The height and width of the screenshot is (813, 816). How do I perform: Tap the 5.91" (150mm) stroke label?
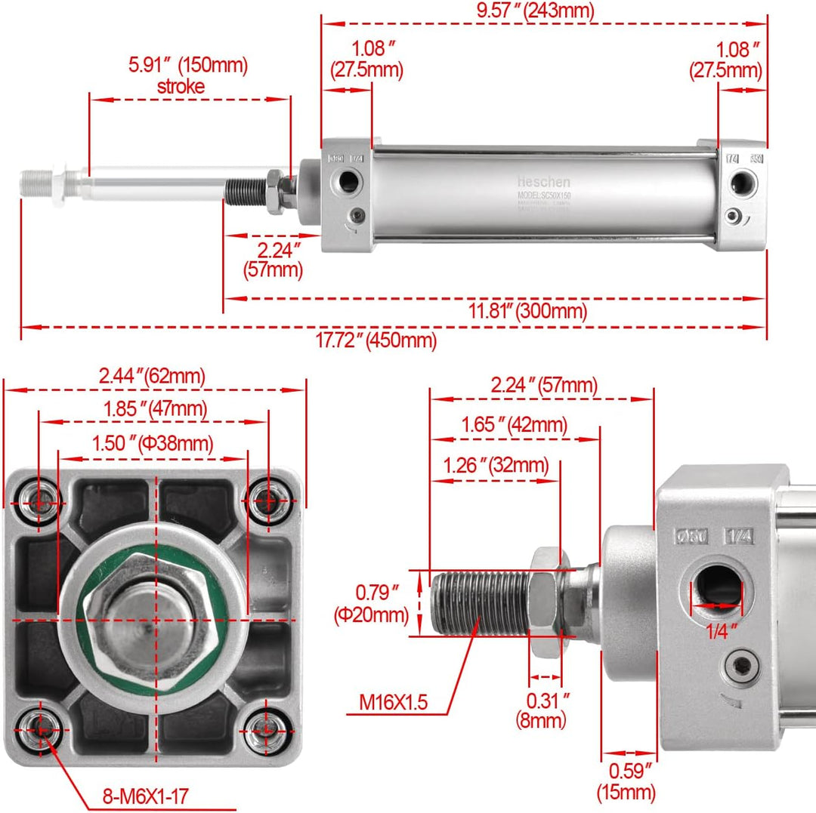(187, 75)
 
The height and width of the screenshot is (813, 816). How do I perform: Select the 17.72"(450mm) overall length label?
(376, 341)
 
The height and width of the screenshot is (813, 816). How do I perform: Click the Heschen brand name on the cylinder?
(543, 183)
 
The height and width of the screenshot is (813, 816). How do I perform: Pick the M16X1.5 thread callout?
(393, 703)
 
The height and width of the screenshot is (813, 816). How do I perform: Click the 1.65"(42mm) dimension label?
(515, 425)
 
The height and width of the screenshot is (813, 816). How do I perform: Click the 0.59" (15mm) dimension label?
(626, 781)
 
